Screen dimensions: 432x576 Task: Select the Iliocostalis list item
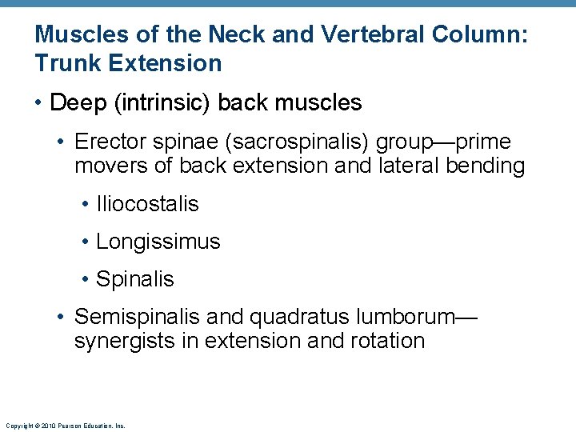(147, 204)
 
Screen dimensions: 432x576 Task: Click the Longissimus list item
(158, 242)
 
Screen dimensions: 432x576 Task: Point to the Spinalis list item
(134, 279)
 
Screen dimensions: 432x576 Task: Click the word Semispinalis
(137, 317)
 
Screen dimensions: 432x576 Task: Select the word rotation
(387, 341)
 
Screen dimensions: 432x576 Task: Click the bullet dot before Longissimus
(86, 242)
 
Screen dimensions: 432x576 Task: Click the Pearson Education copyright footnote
(65, 426)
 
